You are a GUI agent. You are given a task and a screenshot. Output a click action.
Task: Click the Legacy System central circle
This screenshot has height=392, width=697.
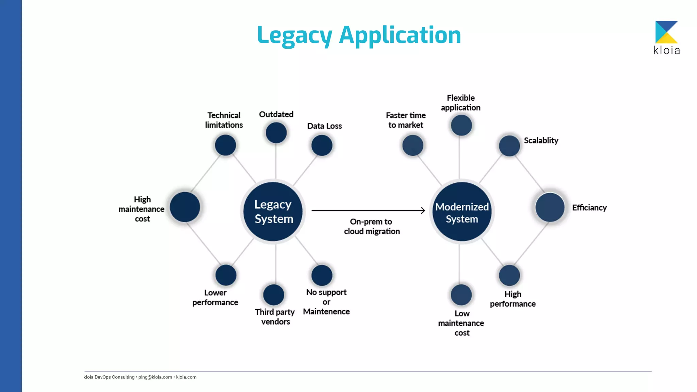273,211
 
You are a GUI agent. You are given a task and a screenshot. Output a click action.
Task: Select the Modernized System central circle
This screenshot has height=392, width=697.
462,211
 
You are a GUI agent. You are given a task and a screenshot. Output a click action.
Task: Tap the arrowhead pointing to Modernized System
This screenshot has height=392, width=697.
423,211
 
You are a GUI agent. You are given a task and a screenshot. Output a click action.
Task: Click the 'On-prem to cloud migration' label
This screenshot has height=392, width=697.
372,226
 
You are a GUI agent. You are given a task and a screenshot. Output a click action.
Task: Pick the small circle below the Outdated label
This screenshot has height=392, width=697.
276,133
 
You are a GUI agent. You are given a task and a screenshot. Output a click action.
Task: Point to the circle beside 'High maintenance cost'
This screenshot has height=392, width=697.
185,207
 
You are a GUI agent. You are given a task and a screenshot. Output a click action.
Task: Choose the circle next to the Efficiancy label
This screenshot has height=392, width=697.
550,207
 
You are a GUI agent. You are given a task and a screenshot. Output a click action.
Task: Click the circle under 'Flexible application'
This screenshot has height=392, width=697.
461,125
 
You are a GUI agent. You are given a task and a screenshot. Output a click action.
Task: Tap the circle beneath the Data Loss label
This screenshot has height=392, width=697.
322,145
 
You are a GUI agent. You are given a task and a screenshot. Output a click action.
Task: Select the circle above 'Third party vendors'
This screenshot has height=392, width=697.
274,295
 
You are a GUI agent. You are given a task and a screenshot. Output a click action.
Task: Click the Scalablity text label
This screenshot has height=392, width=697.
541,141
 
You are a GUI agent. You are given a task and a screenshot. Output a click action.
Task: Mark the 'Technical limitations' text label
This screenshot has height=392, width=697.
224,120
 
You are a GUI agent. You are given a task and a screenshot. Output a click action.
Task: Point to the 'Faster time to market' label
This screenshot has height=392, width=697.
406,120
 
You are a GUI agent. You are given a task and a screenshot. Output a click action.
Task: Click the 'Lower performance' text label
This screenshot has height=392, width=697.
215,297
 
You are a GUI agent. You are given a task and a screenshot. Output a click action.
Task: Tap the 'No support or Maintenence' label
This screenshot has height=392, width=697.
326,302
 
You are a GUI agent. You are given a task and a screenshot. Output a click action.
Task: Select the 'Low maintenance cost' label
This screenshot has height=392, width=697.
461,323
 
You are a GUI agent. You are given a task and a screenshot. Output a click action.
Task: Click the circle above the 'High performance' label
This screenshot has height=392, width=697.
509,275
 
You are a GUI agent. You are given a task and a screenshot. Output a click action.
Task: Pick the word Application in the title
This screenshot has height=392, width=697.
400,35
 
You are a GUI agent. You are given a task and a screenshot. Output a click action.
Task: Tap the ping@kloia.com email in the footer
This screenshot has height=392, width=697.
155,377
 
